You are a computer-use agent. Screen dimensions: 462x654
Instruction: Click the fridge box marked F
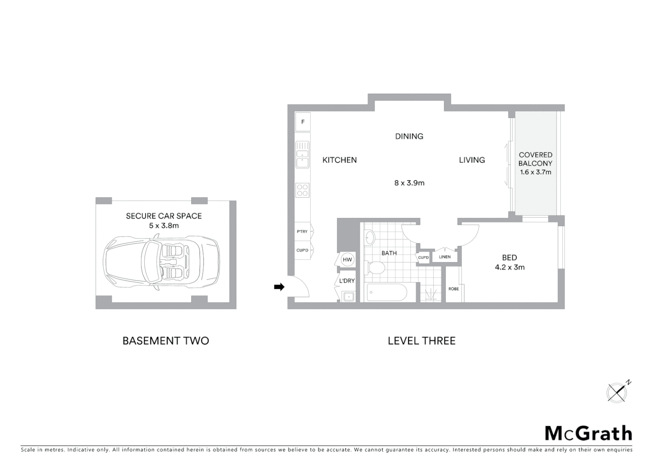tap(303, 122)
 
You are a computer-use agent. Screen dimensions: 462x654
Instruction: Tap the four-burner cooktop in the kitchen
tap(302, 190)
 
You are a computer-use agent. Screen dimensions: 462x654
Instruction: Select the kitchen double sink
tap(302, 155)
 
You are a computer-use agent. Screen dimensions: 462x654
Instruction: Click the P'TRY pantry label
tap(302, 231)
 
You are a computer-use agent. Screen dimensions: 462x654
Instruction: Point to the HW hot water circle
tap(347, 260)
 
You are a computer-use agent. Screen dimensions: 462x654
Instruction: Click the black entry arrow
tap(279, 287)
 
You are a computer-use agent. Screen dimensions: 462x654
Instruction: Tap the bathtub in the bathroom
tap(387, 293)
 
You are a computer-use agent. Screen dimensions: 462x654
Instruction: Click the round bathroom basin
tap(370, 237)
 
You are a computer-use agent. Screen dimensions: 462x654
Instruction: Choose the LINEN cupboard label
tap(445, 257)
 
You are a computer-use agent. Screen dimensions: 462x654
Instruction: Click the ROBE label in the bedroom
tap(453, 289)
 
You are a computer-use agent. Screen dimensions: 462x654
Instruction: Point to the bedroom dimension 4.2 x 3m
tap(509, 267)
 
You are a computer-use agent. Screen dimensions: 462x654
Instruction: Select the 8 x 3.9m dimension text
tap(409, 183)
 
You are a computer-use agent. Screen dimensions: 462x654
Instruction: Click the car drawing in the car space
tap(161, 261)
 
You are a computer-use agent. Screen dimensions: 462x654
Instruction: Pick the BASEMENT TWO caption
tap(166, 341)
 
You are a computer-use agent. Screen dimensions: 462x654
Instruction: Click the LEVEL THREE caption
tap(422, 341)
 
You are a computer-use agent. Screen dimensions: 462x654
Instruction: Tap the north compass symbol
tap(617, 392)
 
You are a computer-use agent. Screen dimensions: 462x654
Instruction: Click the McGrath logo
tap(588, 433)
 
